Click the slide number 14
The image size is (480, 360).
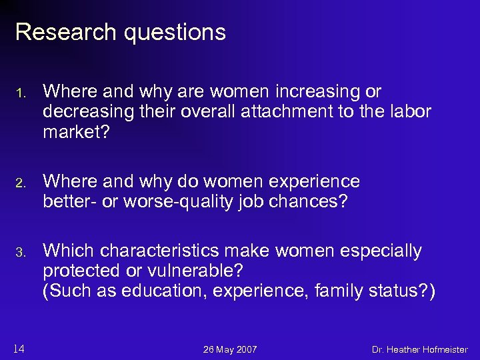click(19, 348)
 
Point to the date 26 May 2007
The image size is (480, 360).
click(230, 349)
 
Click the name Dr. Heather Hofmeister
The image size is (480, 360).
click(419, 349)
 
